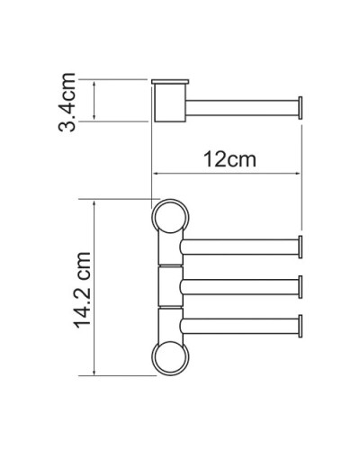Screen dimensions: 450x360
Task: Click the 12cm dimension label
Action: point(226,160)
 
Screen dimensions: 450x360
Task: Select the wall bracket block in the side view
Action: point(167,101)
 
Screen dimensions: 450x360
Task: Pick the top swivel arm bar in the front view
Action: point(238,247)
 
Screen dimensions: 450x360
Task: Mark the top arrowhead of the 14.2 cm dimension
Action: point(94,203)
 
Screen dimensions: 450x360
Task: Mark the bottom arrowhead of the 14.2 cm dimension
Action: point(94,373)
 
